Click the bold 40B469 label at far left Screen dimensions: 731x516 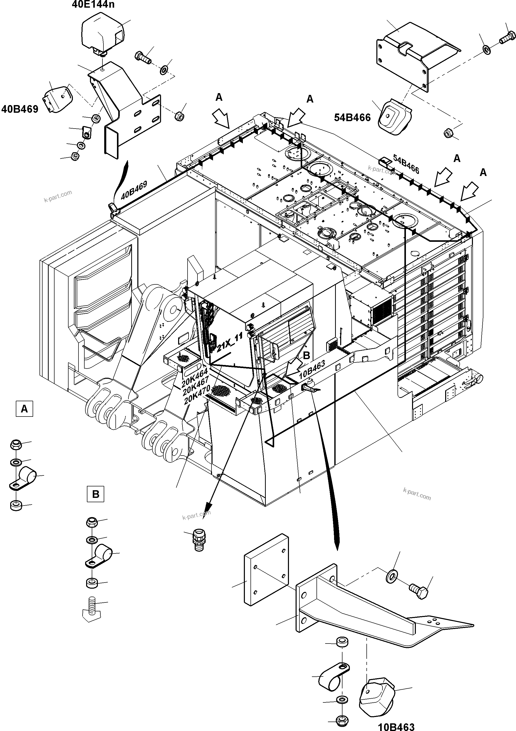tap(20, 109)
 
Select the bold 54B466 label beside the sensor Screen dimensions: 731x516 tap(352, 118)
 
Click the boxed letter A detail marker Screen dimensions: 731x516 tap(24, 409)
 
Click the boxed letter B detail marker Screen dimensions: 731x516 tap(96, 494)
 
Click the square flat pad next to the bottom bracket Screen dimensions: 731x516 tap(267, 570)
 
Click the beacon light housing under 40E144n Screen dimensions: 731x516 tap(102, 33)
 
